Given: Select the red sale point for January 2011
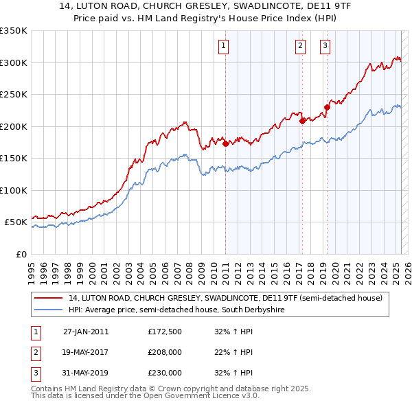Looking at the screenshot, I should coord(225,143).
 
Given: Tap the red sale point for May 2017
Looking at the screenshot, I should coord(302,121).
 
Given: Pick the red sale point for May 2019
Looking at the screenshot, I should coord(327,107).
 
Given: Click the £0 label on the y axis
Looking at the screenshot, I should coord(21,254).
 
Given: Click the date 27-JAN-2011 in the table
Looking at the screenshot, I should coord(85,332).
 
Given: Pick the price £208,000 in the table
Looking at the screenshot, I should coord(165,352).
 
